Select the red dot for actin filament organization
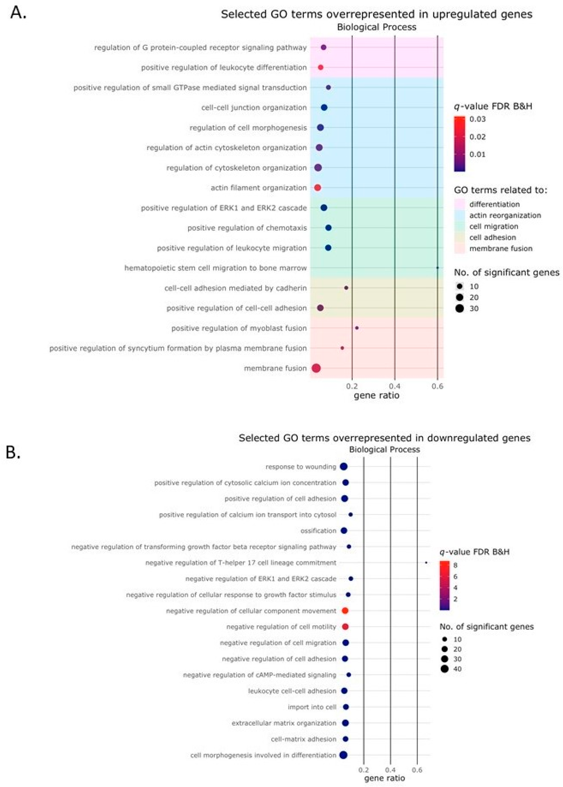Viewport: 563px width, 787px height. [318, 188]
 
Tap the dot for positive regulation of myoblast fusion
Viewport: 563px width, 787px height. [357, 328]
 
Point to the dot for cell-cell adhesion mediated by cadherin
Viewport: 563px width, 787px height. [346, 288]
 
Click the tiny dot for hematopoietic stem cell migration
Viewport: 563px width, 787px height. [437, 268]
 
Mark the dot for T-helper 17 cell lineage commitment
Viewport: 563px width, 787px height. [426, 563]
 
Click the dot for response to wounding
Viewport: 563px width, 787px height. [344, 467]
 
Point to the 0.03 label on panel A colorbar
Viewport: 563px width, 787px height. [478, 119]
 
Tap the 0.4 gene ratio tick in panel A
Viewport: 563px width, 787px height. [395, 386]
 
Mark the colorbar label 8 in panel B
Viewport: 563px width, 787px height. [455, 565]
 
